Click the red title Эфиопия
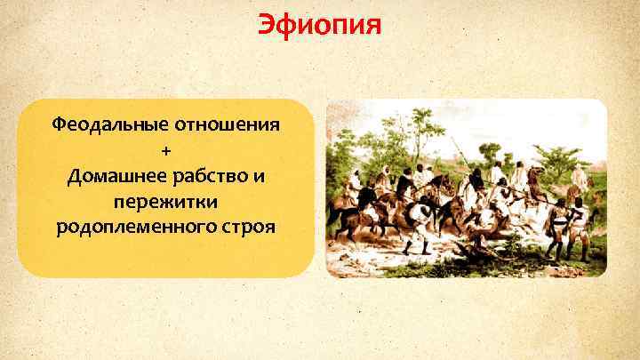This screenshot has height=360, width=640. pyautogui.click(x=319, y=24)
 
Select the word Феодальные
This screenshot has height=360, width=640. pyautogui.click(x=105, y=124)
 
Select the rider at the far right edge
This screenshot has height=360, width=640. pyautogui.click(x=580, y=178)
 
